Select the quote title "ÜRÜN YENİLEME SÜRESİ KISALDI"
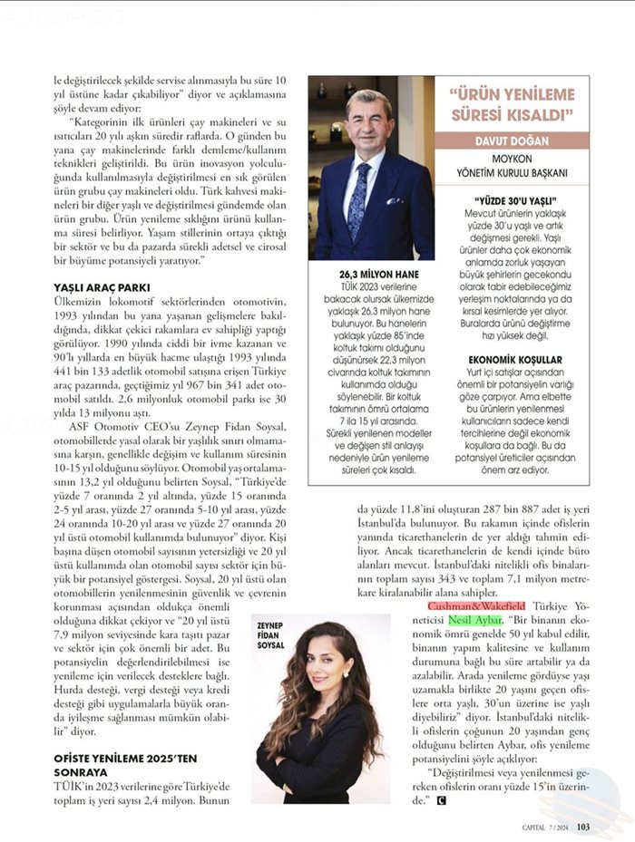pyautogui.click(x=513, y=104)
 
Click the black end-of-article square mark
pyautogui.click(x=442, y=800)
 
